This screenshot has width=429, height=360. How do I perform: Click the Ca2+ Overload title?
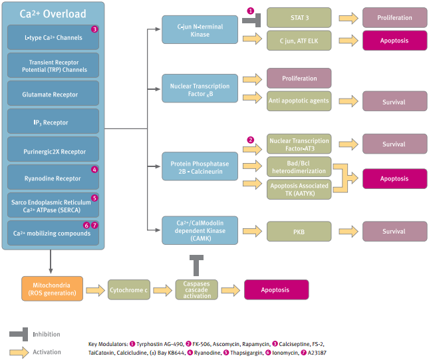pos(53,14)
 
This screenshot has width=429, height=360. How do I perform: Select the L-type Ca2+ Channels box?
pos(53,37)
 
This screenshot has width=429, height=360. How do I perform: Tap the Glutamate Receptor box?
pos(53,94)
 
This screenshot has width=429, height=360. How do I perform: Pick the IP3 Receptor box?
pos(53,122)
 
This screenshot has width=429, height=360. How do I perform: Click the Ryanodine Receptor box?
pos(53,178)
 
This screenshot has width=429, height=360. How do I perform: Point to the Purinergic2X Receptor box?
pos(53,150)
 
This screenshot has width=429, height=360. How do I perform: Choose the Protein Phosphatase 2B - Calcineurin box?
pos(200,166)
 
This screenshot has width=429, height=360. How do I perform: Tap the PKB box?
pos(299,232)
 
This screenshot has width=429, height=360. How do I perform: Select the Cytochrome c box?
pos(129,290)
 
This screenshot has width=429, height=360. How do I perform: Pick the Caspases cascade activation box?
pos(196,290)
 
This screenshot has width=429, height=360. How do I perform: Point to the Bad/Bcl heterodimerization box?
pos(299,167)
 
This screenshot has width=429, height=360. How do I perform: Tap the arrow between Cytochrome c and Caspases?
pos(163,290)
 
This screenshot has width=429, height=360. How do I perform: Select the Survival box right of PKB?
pos(394,232)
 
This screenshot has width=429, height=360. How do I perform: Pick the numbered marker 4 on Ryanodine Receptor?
pos(94,170)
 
